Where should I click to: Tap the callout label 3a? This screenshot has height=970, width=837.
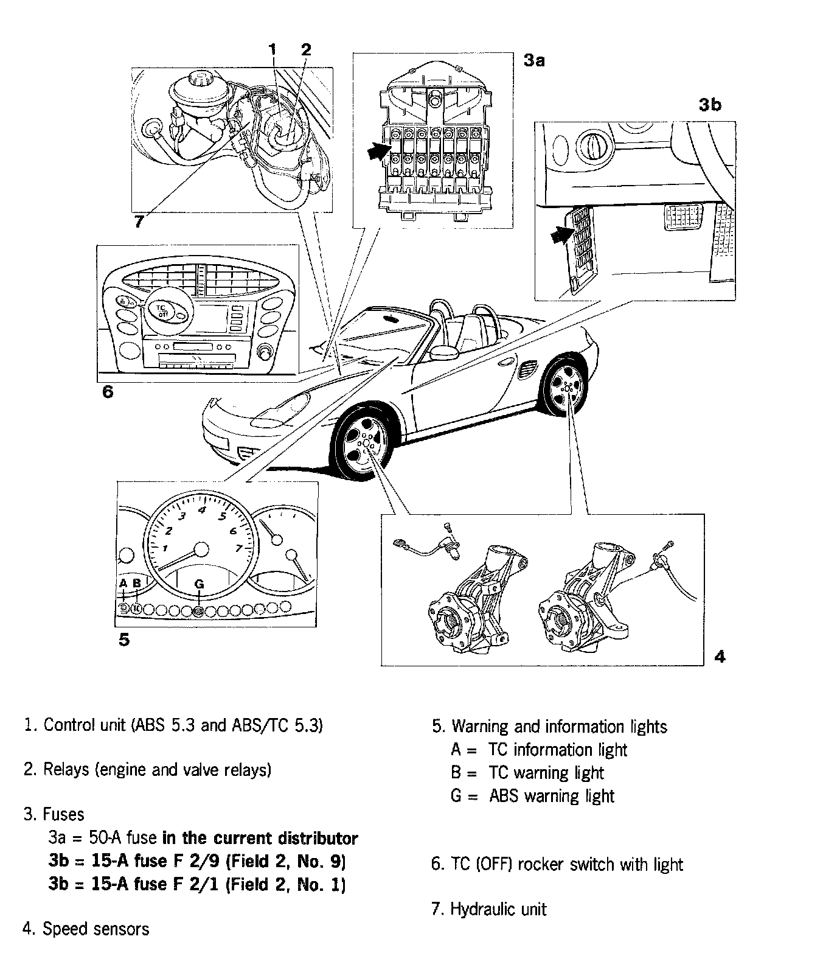coord(533,60)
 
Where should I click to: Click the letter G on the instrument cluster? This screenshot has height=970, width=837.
coord(199,584)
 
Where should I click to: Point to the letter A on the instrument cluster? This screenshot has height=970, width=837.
coord(123,583)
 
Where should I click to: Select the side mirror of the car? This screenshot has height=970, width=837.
coord(444,352)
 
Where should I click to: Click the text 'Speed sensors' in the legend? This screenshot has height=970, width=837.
coord(96,929)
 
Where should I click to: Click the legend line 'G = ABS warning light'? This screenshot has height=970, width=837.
coord(532,796)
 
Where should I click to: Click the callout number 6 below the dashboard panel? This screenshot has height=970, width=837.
coord(108,392)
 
